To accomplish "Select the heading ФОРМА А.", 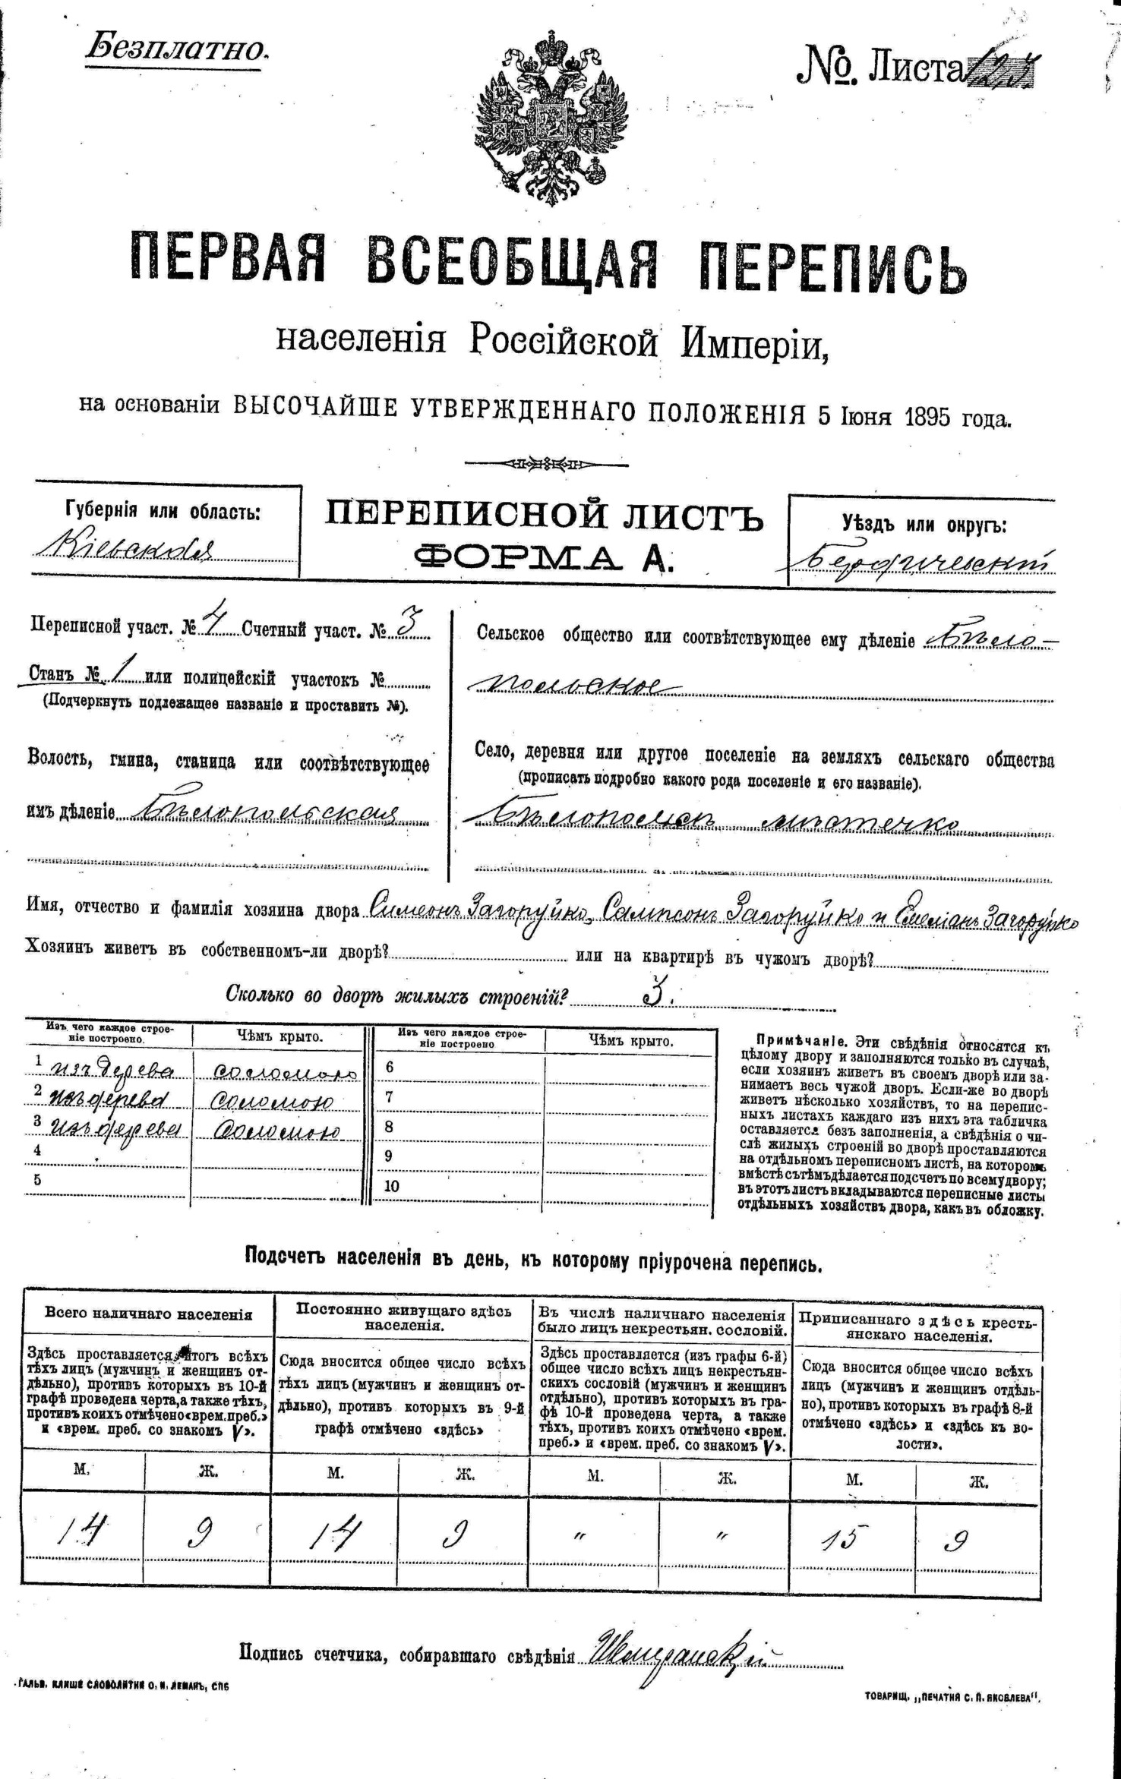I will pyautogui.click(x=544, y=557).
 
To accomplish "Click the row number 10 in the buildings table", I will pyautogui.click(x=392, y=1186).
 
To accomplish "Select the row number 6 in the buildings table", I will pyautogui.click(x=390, y=1067).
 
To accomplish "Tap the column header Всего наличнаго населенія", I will pyautogui.click(x=148, y=1314).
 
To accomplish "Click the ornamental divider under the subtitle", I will pyautogui.click(x=545, y=462).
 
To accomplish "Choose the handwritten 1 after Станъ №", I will pyautogui.click(x=125, y=674).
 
